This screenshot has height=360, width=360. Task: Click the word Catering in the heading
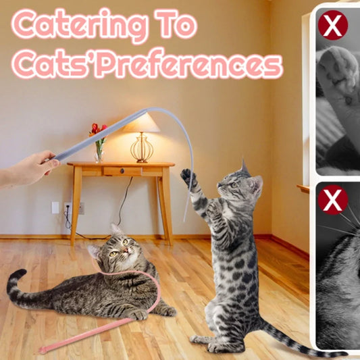(x=80, y=25)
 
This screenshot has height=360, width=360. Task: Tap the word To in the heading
(x=176, y=24)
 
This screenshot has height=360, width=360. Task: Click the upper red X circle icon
(x=333, y=25)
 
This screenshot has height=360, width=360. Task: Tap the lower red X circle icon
(x=333, y=200)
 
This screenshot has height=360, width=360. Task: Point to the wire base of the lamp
(x=142, y=149)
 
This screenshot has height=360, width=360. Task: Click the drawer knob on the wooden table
(x=122, y=171)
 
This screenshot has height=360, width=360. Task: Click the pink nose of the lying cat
(x=126, y=250)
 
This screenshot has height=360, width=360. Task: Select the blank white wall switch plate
(x=55, y=207)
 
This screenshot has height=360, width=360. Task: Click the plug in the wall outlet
(x=68, y=207)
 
